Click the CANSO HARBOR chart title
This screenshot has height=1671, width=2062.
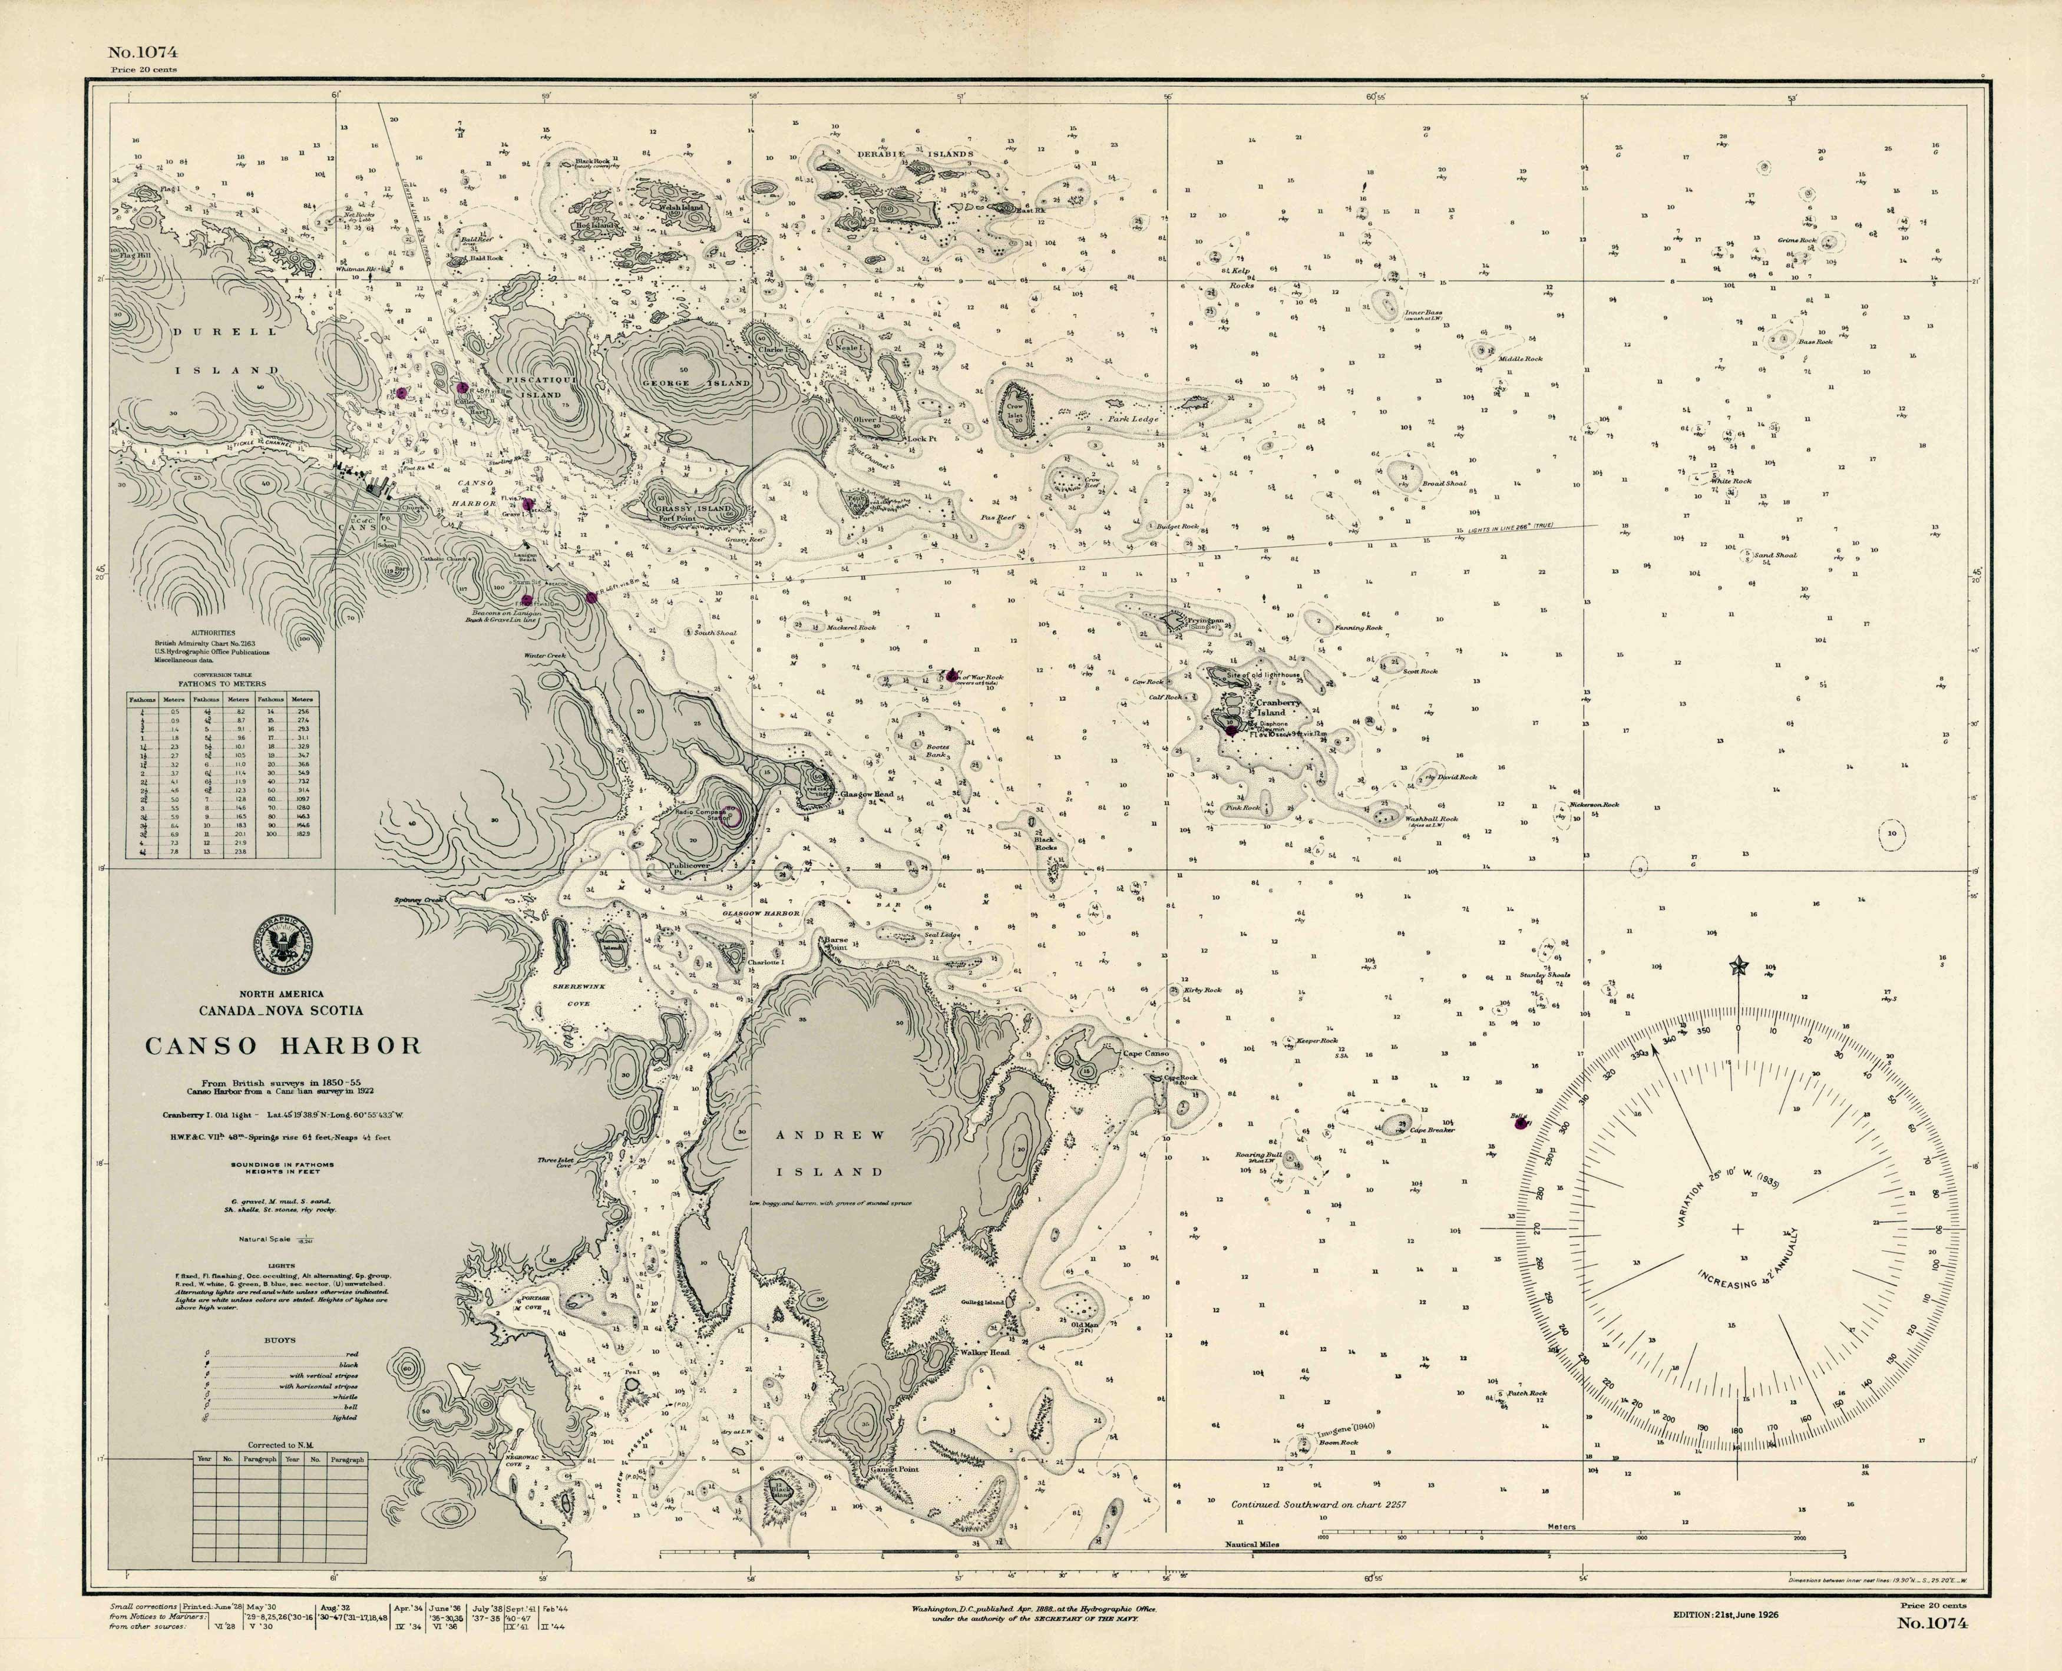pyautogui.click(x=283, y=1046)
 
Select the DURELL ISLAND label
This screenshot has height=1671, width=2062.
pyautogui.click(x=226, y=350)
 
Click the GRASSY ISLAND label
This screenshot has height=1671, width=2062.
pyautogui.click(x=693, y=508)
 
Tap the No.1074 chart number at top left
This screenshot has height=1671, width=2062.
pyautogui.click(x=143, y=53)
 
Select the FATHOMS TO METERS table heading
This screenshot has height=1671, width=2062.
pyautogui.click(x=223, y=683)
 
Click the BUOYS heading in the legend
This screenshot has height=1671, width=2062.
pyautogui.click(x=280, y=1340)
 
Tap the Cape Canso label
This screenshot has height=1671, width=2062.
pyautogui.click(x=1145, y=1053)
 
